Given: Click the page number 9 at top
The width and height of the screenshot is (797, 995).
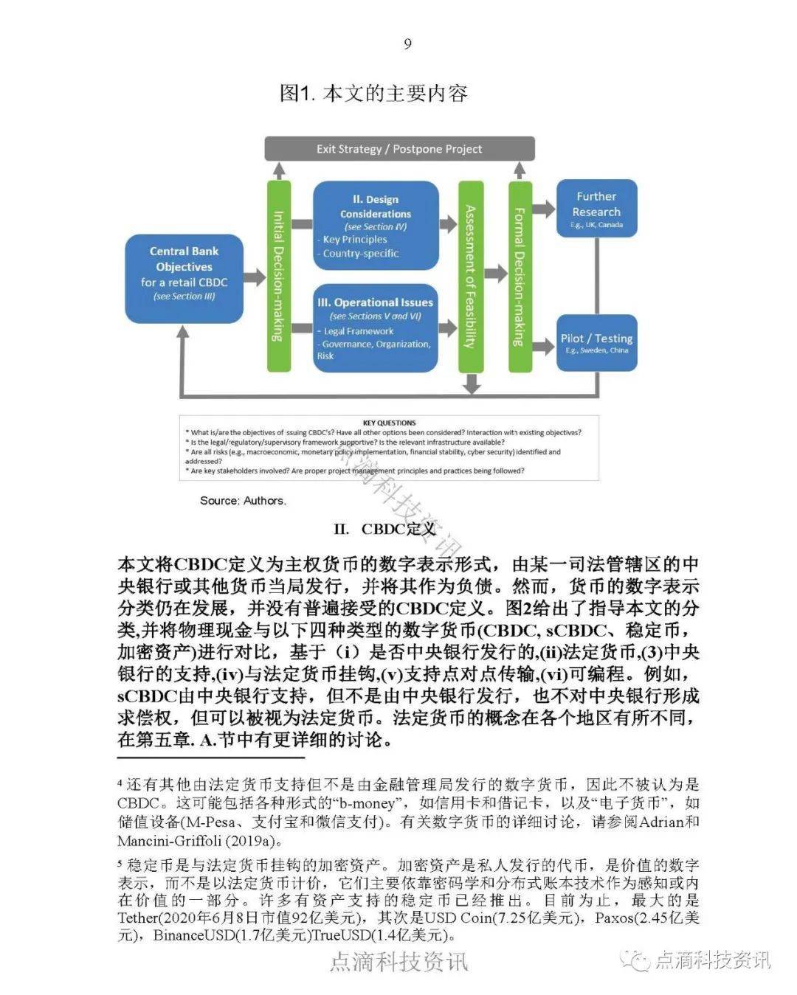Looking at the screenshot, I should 407,44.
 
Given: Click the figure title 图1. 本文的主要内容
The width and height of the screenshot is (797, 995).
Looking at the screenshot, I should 373,94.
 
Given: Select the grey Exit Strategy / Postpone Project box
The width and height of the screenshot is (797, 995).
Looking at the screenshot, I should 399,149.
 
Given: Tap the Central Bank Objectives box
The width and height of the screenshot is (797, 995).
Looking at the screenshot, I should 184,279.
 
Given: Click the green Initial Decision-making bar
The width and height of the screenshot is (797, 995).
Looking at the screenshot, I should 278,276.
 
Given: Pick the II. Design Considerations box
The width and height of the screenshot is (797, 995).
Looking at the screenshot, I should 376,225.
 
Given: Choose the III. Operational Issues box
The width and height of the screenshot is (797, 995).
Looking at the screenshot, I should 376,328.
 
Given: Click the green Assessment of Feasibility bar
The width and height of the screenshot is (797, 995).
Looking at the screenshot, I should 470,276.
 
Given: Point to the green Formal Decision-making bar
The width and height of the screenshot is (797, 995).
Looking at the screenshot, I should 520,276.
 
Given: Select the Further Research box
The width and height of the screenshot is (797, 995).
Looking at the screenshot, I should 596,208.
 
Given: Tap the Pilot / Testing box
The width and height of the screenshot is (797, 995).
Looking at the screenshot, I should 596,342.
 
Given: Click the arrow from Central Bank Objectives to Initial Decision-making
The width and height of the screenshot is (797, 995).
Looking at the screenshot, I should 254,278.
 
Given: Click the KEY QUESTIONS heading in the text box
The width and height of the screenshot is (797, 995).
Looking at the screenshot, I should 389,423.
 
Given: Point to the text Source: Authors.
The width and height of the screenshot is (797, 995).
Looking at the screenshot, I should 243,500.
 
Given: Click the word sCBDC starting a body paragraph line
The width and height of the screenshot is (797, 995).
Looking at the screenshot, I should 147,696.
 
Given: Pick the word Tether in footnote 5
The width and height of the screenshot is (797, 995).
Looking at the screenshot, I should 137,918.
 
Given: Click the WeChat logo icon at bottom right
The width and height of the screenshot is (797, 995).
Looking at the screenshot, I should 635,960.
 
